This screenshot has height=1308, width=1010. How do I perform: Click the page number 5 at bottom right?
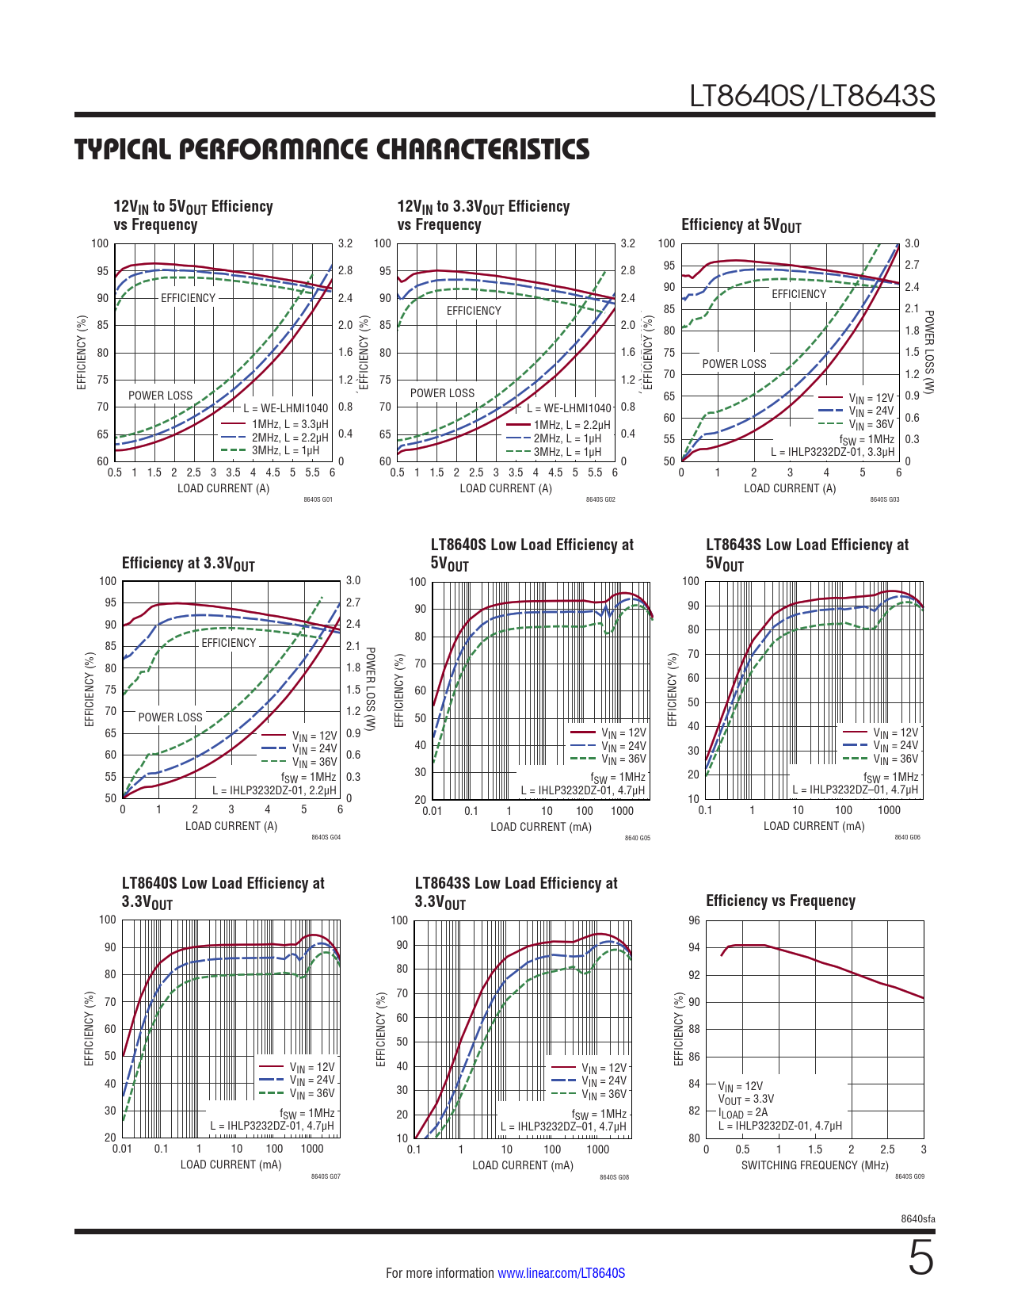click(920, 1259)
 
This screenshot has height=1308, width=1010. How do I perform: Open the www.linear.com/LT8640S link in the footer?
click(561, 1273)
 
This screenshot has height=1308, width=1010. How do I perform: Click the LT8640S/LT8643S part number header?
click(812, 96)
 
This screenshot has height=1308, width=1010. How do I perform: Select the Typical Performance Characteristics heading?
click(332, 149)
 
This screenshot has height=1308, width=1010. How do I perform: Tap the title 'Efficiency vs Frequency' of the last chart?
click(780, 901)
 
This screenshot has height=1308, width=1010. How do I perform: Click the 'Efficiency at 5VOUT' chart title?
click(741, 225)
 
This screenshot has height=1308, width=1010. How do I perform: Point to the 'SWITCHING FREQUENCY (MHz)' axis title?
click(814, 1165)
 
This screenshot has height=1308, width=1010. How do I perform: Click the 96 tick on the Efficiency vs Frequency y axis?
click(694, 920)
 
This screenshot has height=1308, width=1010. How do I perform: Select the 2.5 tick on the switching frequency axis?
click(887, 1149)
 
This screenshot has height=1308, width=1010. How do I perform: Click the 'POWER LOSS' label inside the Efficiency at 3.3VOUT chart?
click(170, 717)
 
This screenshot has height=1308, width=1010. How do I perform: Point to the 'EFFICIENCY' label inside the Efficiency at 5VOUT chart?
click(798, 294)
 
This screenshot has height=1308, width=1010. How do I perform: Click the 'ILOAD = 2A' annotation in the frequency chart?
click(742, 1112)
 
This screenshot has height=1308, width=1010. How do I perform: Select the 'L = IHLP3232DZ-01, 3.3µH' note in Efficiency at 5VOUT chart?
click(833, 452)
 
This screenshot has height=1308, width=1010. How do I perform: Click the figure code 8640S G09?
click(909, 1176)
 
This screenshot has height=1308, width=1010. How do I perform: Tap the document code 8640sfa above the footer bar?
click(918, 1218)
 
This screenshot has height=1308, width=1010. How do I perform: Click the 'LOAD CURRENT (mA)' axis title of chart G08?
click(523, 1165)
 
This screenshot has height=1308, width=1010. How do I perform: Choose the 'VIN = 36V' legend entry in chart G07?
click(311, 1094)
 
